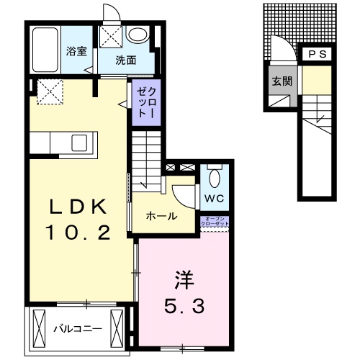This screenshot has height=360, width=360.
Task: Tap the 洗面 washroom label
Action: pos(126,60)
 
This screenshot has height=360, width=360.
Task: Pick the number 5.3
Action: pos(184,306)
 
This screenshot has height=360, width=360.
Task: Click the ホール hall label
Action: pos(161,216)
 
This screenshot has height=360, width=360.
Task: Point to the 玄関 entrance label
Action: pos(281,81)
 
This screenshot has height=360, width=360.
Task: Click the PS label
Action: pos(317,55)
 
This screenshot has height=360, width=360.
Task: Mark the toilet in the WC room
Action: pos(214,176)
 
